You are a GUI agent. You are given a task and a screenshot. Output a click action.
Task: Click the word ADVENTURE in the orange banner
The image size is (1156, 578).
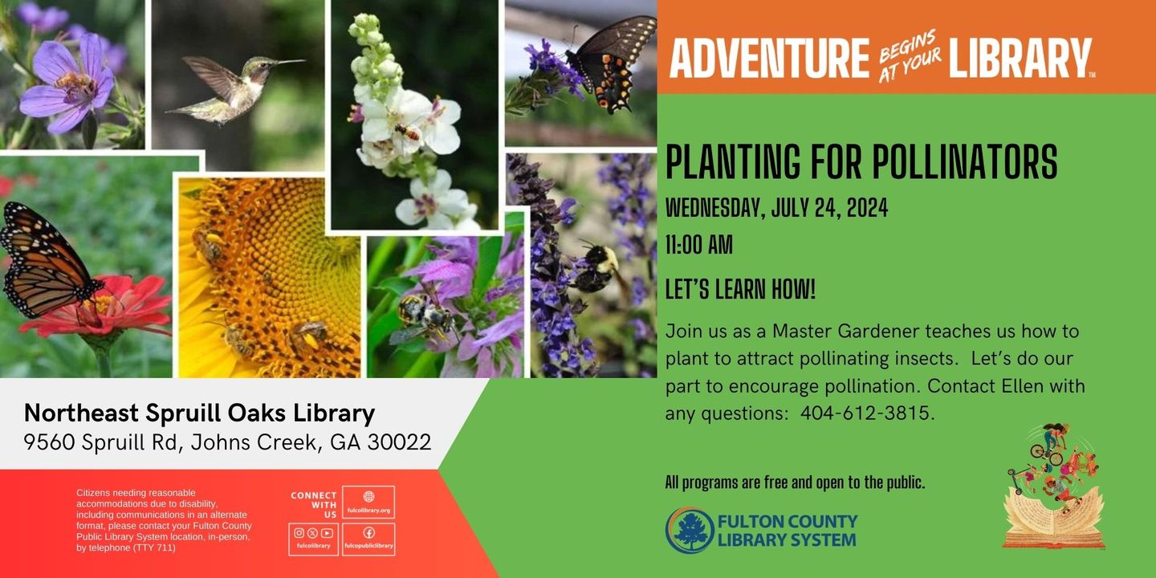tap(769, 58)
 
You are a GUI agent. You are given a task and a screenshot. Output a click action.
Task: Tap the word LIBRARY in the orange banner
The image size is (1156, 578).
tap(1020, 58)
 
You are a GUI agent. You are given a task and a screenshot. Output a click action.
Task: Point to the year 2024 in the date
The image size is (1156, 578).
tap(867, 208)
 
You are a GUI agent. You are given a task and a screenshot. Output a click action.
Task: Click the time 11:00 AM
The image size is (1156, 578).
tap(698, 245)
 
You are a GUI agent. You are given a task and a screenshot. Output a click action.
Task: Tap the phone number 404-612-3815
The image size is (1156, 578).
tap(866, 413)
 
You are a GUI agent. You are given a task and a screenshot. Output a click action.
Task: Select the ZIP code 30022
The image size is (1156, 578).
tap(399, 442)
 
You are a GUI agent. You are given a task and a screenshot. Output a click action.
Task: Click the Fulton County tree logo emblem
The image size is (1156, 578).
tap(689, 531)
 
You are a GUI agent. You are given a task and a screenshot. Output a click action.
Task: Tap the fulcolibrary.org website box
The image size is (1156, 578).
tap(368, 503)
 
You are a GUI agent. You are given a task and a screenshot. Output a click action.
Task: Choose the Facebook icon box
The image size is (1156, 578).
tap(368, 539)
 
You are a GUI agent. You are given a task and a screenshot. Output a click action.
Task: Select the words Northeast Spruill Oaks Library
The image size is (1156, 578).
tap(199, 413)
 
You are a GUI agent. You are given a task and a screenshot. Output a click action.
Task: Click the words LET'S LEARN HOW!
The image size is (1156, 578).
tap(740, 289)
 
